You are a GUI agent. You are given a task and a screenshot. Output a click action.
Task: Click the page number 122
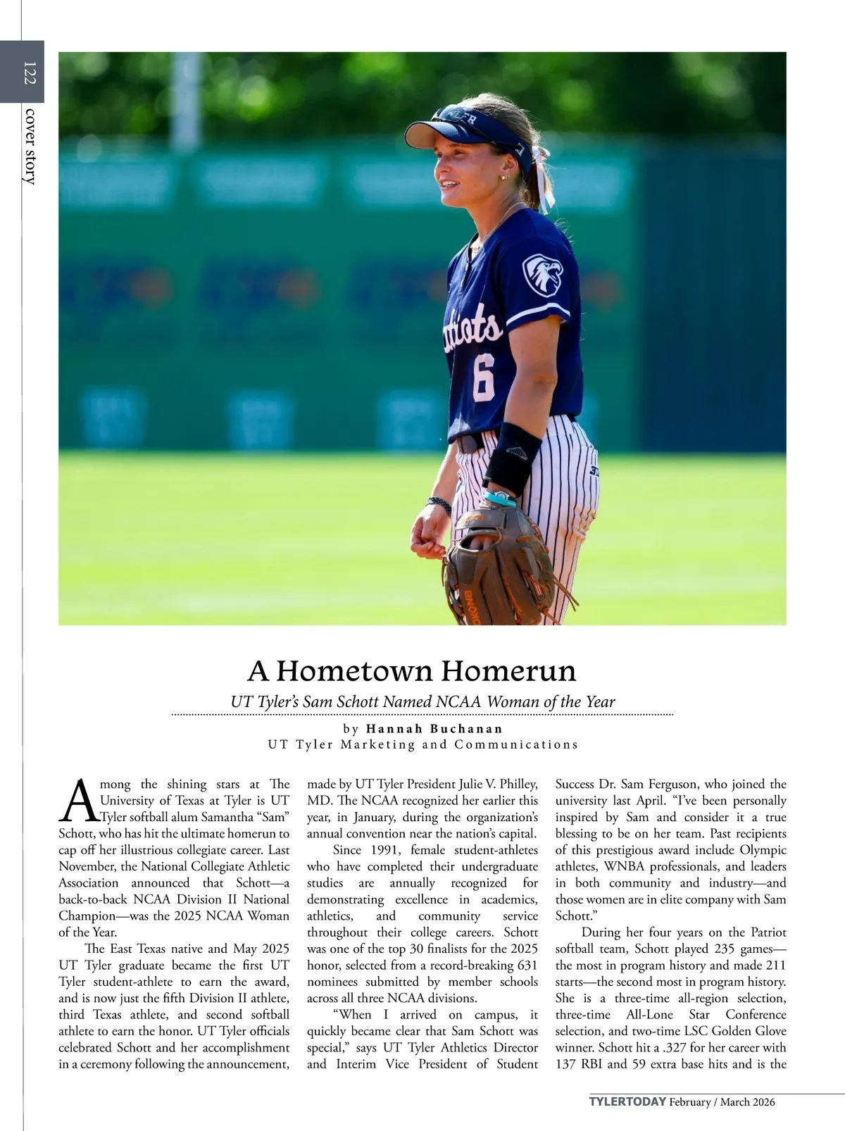(29, 73)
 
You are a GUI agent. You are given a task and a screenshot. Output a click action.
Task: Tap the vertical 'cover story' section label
(29, 146)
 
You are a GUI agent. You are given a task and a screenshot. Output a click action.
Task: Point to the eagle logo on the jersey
(542, 273)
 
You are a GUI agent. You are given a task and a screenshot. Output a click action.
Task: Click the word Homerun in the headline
(508, 670)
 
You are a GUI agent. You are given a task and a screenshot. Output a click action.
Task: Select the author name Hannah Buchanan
(434, 728)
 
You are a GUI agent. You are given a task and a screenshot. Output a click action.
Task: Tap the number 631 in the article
(525, 965)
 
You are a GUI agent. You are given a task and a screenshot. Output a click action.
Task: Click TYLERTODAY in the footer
(627, 1101)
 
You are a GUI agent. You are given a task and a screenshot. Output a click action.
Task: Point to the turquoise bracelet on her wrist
(501, 499)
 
